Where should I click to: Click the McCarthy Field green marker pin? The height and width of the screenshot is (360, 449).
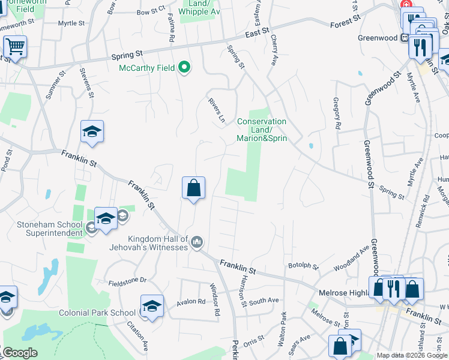[x=185, y=68]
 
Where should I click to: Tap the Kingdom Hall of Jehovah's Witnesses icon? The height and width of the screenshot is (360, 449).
[x=197, y=242]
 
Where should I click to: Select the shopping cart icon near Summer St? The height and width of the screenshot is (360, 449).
[x=15, y=46]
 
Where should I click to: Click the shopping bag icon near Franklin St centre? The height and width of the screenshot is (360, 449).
[x=193, y=188]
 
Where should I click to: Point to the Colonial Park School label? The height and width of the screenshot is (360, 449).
[x=97, y=313]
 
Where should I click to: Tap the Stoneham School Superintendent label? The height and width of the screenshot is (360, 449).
[x=49, y=229]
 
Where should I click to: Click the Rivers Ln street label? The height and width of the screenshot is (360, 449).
[x=217, y=108]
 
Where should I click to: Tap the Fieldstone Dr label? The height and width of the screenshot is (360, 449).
[x=127, y=280]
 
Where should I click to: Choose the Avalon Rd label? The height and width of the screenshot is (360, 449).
[x=191, y=302]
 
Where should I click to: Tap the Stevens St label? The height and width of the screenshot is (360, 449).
[x=88, y=83]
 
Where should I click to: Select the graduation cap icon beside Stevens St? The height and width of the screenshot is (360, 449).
[x=92, y=132]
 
